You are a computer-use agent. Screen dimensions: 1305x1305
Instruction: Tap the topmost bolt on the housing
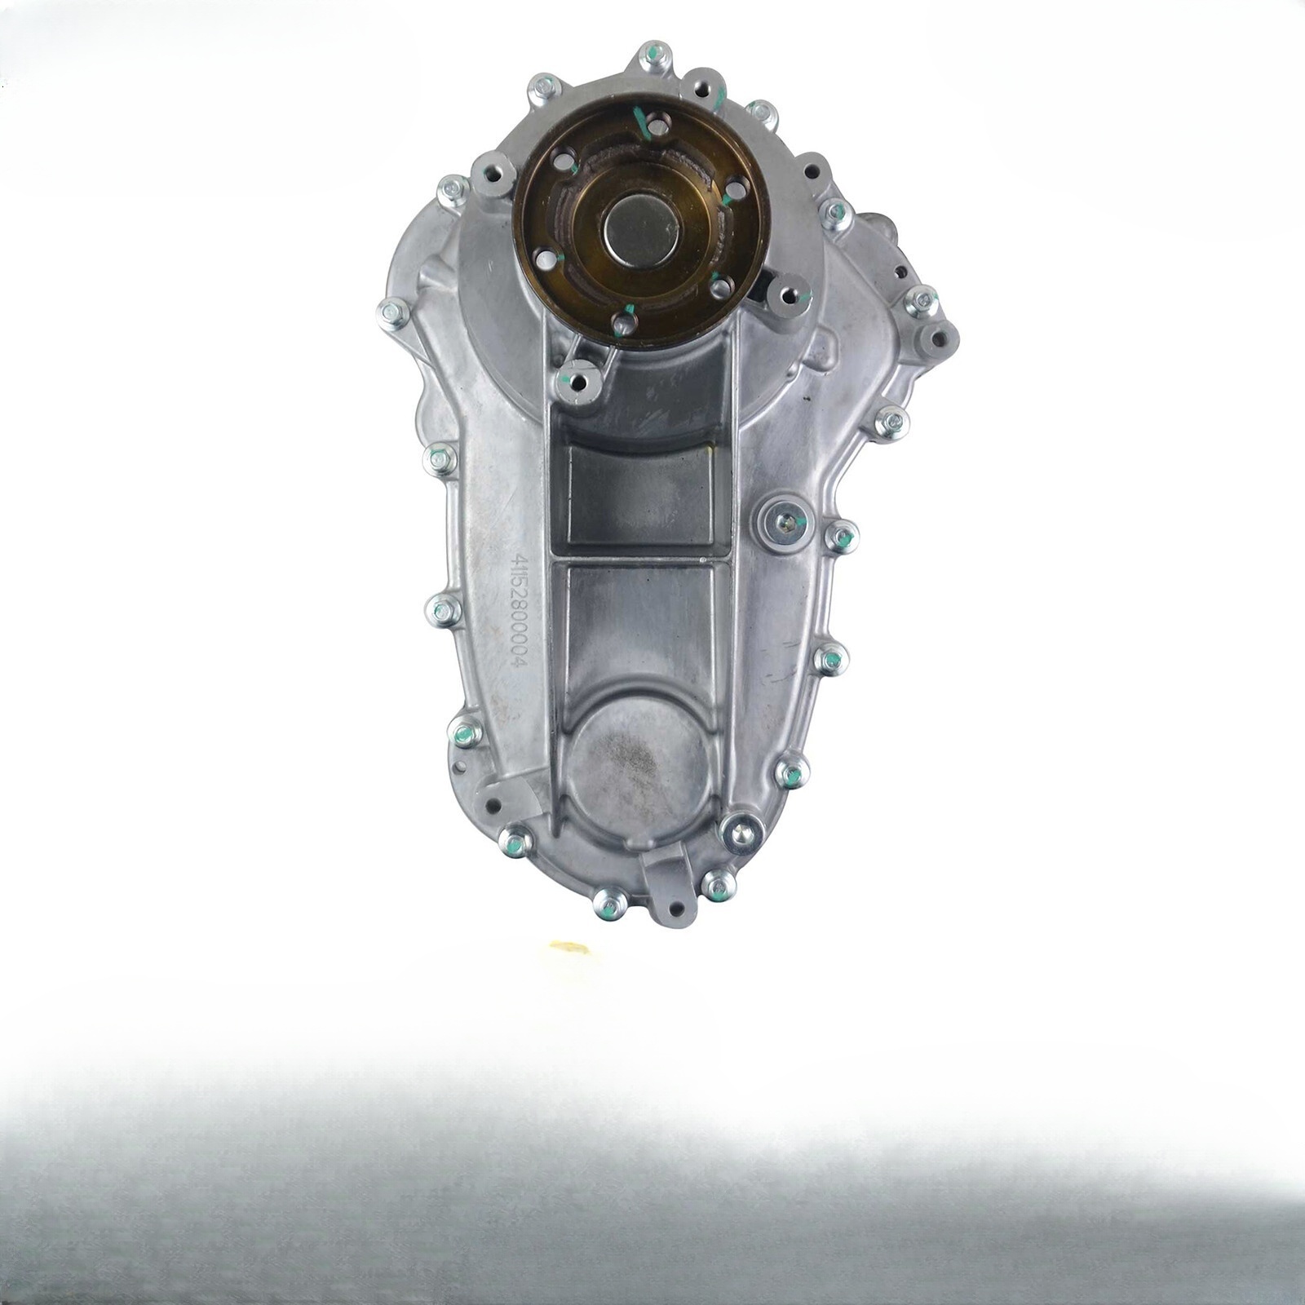654,56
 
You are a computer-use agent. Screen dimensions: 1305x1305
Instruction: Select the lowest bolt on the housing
609,903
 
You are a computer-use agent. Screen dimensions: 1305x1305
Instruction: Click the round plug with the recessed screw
784,522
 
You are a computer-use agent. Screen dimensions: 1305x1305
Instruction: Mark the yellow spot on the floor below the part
570,947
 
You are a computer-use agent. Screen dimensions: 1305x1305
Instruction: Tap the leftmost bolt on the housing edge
394,312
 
